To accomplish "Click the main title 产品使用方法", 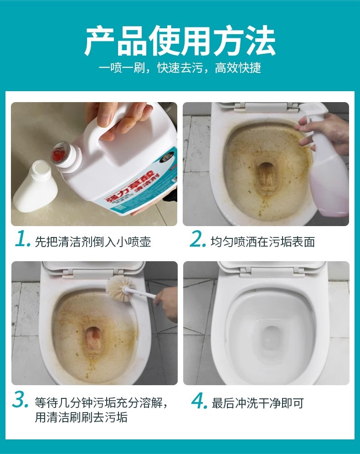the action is (x=180, y=41).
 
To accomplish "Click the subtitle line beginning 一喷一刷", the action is (x=180, y=68).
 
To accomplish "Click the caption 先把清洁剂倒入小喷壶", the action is (x=93, y=242).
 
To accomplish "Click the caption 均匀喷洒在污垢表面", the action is (x=263, y=242).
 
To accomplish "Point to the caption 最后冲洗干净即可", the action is (x=257, y=403).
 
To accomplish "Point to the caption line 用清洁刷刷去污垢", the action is (x=81, y=417).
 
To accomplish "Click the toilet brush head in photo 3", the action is (x=119, y=288).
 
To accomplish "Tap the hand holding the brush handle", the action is (x=166, y=304).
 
